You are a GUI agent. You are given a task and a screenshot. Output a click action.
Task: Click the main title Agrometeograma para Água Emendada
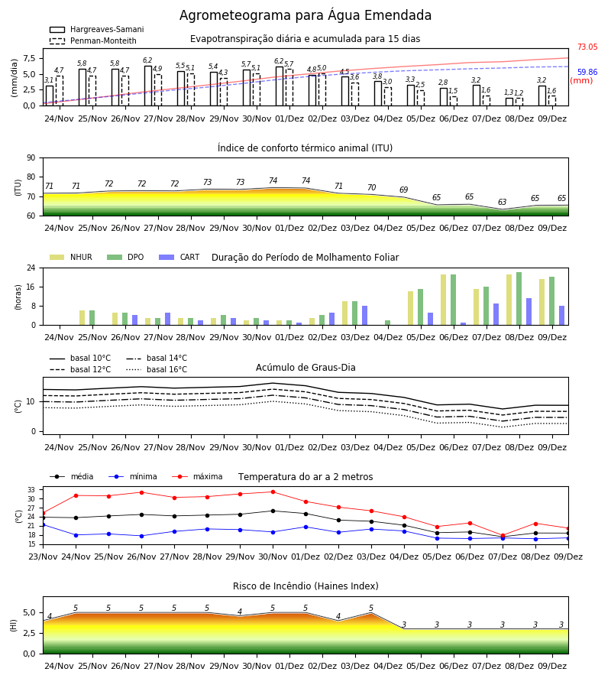pos(305,15)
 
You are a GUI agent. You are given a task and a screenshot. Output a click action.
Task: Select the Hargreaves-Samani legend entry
pos(97,29)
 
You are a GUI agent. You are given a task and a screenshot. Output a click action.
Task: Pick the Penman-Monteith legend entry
pos(93,41)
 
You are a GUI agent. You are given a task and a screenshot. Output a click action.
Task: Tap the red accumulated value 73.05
pos(587,47)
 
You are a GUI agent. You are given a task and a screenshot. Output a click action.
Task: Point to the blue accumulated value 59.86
pos(587,72)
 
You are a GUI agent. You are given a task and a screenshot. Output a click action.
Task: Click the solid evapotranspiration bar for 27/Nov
pos(148,86)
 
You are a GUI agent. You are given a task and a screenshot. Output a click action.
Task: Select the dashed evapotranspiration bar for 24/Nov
pos(60,91)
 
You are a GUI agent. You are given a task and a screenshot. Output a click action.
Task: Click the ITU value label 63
pos(502,202)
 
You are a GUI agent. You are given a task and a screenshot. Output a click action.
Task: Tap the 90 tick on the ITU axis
pos(31,158)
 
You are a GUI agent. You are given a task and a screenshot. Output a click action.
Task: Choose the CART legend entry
pos(179,257)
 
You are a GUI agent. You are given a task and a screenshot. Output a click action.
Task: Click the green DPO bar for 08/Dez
pos(519,299)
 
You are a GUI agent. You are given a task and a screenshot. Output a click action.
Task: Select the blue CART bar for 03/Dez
pos(364,316)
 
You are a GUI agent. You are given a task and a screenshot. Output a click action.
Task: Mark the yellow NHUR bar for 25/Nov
pos(82,318)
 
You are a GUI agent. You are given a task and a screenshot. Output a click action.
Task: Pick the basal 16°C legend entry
pos(157,369)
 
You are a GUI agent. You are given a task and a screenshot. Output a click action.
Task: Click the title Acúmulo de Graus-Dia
pos(305,367)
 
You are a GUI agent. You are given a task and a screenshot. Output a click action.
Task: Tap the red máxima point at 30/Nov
pos(273,492)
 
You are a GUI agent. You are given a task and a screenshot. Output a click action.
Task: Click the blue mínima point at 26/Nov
pos(141,536)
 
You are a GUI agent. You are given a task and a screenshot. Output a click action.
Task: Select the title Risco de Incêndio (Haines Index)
pos(305,586)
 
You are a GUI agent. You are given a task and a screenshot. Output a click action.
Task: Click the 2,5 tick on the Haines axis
pos(30,633)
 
